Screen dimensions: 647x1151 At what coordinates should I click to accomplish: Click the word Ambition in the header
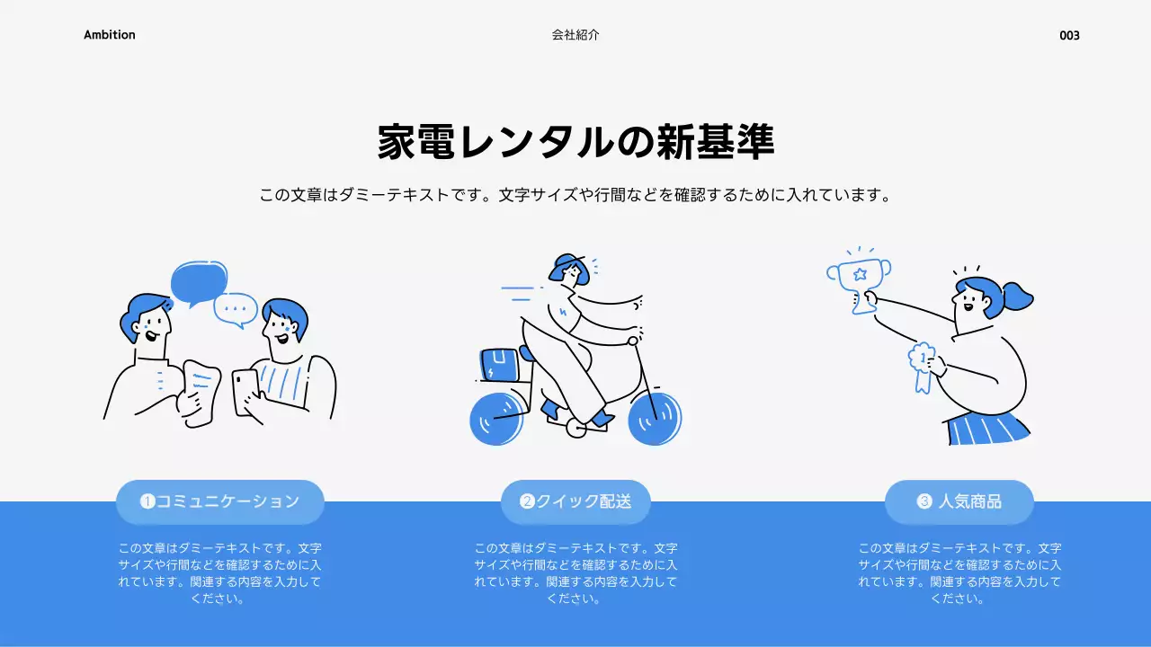tap(110, 35)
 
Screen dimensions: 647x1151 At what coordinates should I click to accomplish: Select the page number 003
tap(1069, 36)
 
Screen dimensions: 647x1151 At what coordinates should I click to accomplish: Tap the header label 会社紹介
tap(575, 35)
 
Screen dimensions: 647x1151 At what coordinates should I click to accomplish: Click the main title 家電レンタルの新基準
tap(575, 142)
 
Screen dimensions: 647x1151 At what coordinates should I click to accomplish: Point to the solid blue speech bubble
tap(199, 282)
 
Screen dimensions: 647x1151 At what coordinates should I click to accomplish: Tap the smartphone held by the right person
tap(245, 392)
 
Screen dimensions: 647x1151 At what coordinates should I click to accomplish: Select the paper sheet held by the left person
tap(201, 387)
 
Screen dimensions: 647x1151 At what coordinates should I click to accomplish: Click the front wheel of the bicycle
tap(655, 419)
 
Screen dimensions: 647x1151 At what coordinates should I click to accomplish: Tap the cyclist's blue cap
tap(567, 264)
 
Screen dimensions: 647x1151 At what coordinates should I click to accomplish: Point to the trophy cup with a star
tap(859, 278)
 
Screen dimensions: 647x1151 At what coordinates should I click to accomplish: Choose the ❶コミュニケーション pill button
tap(220, 501)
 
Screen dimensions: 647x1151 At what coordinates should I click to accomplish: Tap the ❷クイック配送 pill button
tap(575, 501)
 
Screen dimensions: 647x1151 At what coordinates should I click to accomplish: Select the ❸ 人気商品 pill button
tap(959, 501)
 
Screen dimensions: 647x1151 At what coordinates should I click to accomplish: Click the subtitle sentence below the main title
tap(575, 195)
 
